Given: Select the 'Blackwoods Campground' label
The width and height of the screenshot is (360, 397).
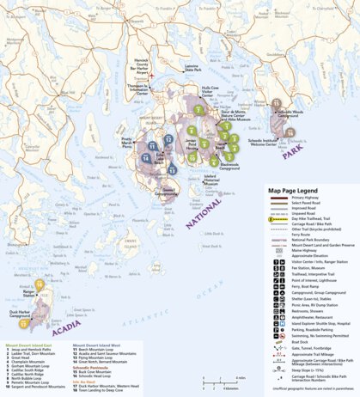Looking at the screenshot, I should click(229, 166).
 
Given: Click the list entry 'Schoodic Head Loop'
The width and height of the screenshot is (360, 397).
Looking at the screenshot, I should click(97, 377).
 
